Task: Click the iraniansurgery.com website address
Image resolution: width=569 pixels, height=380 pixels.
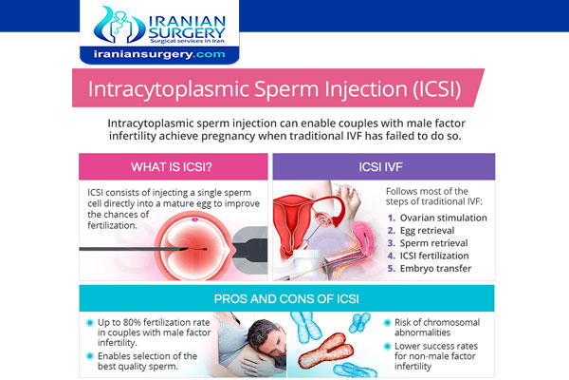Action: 159,54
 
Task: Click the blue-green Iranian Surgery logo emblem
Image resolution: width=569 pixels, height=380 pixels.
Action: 119,25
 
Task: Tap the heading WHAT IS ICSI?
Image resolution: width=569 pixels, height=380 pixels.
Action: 172,167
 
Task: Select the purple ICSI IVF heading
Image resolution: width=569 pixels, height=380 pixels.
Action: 380,167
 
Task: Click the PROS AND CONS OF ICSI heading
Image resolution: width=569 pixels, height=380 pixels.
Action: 286,299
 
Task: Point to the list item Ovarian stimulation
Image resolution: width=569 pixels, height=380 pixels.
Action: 443,218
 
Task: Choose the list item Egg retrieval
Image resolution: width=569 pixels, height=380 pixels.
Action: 427,231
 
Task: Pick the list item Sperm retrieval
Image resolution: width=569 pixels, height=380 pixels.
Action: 433,243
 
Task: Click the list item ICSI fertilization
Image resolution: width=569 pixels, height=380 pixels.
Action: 434,256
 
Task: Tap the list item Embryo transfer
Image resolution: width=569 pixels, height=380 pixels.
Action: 435,268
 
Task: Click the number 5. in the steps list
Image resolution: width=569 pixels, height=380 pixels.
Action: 391,268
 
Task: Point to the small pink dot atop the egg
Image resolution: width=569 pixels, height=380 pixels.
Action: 194,219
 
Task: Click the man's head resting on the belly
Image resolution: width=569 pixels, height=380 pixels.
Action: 266,337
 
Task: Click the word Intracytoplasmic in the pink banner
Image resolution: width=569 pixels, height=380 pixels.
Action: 169,89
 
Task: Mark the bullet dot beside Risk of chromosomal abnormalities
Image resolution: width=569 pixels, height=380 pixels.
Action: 387,323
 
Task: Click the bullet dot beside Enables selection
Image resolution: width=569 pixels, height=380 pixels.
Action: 90,356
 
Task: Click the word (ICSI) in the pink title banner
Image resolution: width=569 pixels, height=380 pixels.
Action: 437,89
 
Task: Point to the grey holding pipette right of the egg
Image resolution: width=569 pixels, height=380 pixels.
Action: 249,248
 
